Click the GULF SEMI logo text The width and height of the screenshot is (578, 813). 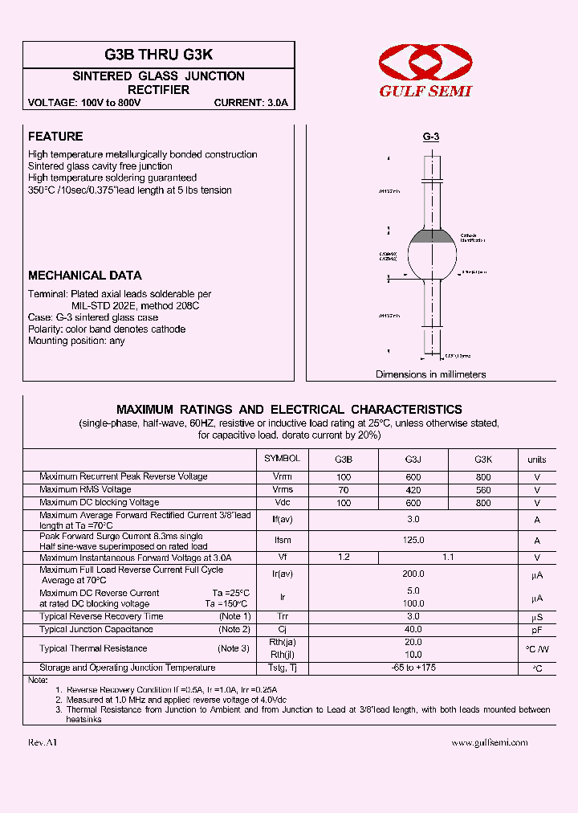pos(425,91)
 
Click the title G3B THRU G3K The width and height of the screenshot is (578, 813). pos(159,55)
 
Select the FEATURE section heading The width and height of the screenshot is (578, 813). pos(55,137)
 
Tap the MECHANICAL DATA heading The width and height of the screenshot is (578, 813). pos(85,275)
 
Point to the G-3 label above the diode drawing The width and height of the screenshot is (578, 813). pos(431,137)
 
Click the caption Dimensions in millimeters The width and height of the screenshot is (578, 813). pos(431,374)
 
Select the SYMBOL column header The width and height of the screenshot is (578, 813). pos(283,459)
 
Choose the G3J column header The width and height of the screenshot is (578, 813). pos(413,460)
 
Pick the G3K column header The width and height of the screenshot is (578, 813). pos(483,460)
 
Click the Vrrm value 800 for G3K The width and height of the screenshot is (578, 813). pos(483,477)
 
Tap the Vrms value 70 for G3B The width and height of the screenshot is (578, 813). pos(344,490)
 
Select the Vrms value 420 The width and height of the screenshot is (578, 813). pos(413,490)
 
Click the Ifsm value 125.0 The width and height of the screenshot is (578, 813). pos(413,541)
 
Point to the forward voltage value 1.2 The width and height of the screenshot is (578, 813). pos(344,557)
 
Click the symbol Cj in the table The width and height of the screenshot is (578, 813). pos(283,629)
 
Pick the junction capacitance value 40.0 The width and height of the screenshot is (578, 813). pos(413,629)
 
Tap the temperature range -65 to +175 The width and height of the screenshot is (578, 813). pos(413,668)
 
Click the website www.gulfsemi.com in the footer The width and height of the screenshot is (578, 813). pos(490,743)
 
